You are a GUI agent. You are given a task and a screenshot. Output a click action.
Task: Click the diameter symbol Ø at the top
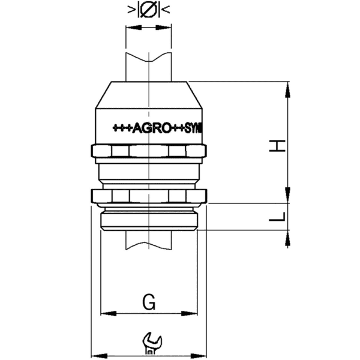click(148, 10)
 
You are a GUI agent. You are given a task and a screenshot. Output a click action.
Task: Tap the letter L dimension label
click(277, 217)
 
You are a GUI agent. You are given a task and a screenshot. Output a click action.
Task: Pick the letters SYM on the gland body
click(195, 128)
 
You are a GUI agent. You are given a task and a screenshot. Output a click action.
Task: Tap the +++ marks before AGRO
click(122, 128)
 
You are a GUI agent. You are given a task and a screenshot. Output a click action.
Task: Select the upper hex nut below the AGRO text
click(148, 150)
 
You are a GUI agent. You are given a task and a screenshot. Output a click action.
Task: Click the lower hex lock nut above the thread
click(148, 195)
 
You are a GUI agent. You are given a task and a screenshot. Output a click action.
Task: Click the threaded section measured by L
click(148, 218)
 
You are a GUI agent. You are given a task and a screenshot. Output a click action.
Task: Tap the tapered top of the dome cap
click(148, 93)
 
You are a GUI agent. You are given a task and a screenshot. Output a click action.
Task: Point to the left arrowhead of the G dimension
click(106, 313)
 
